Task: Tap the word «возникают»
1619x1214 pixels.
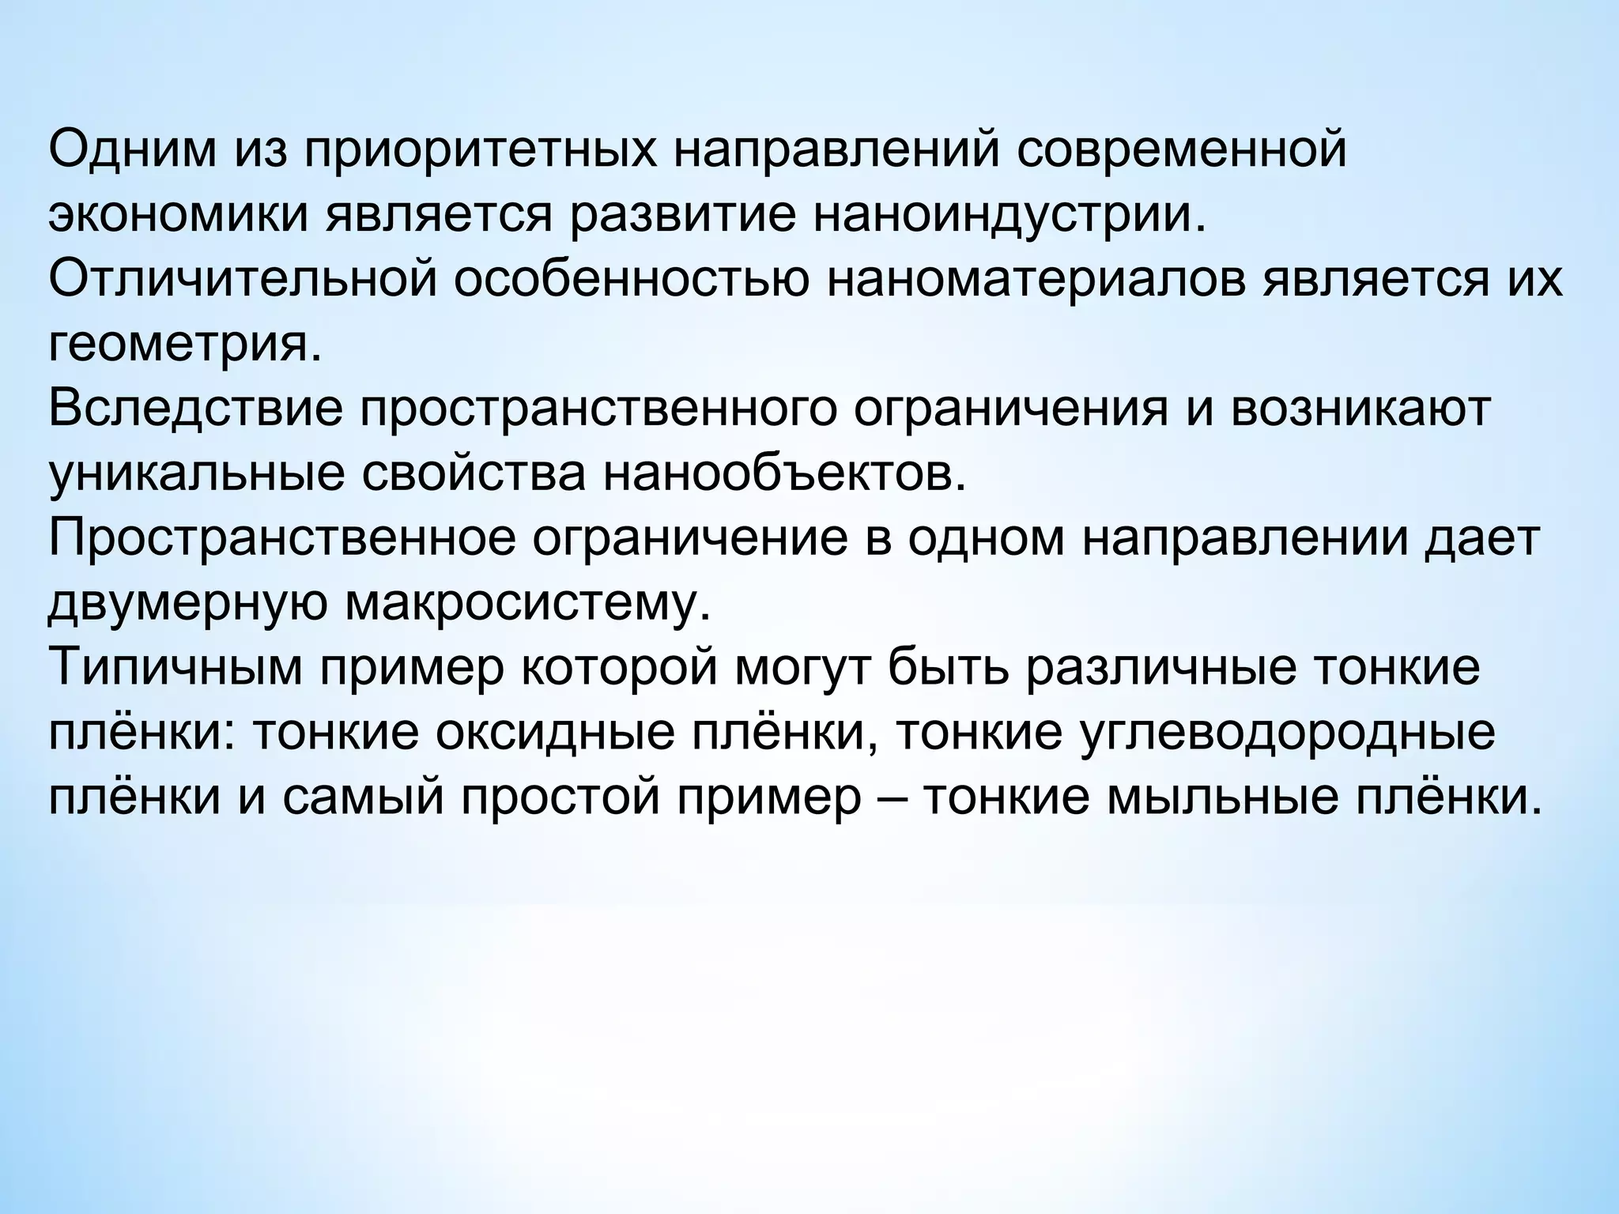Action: point(1360,410)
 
